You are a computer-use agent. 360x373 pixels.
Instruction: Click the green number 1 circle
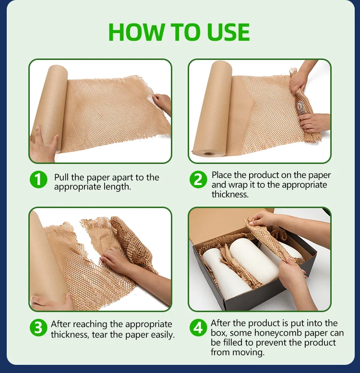click(38, 180)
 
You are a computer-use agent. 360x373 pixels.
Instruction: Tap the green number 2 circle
click(197, 180)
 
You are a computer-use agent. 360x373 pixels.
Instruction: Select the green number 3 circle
click(38, 328)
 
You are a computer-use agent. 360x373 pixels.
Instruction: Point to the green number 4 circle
click(197, 328)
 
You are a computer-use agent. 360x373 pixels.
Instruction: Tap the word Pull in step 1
click(62, 177)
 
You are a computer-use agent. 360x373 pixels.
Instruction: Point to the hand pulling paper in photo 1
click(163, 103)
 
